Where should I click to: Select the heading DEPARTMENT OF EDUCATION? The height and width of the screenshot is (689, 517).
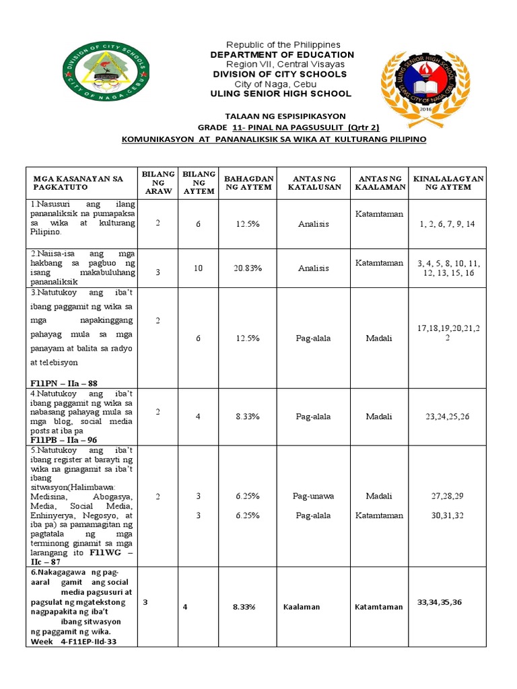point(282,55)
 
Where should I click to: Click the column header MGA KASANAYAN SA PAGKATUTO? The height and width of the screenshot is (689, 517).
point(79,183)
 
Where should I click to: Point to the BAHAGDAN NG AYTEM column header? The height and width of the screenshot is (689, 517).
point(248,182)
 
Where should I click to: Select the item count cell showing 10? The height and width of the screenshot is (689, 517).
point(198,268)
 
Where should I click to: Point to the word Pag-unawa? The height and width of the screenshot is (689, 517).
point(313,496)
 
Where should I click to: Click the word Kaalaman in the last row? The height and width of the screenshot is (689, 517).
point(301,607)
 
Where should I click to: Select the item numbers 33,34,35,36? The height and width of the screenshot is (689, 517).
point(440,602)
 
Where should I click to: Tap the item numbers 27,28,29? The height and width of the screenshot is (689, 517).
point(448,496)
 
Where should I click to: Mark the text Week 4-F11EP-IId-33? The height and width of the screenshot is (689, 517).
point(74,641)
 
